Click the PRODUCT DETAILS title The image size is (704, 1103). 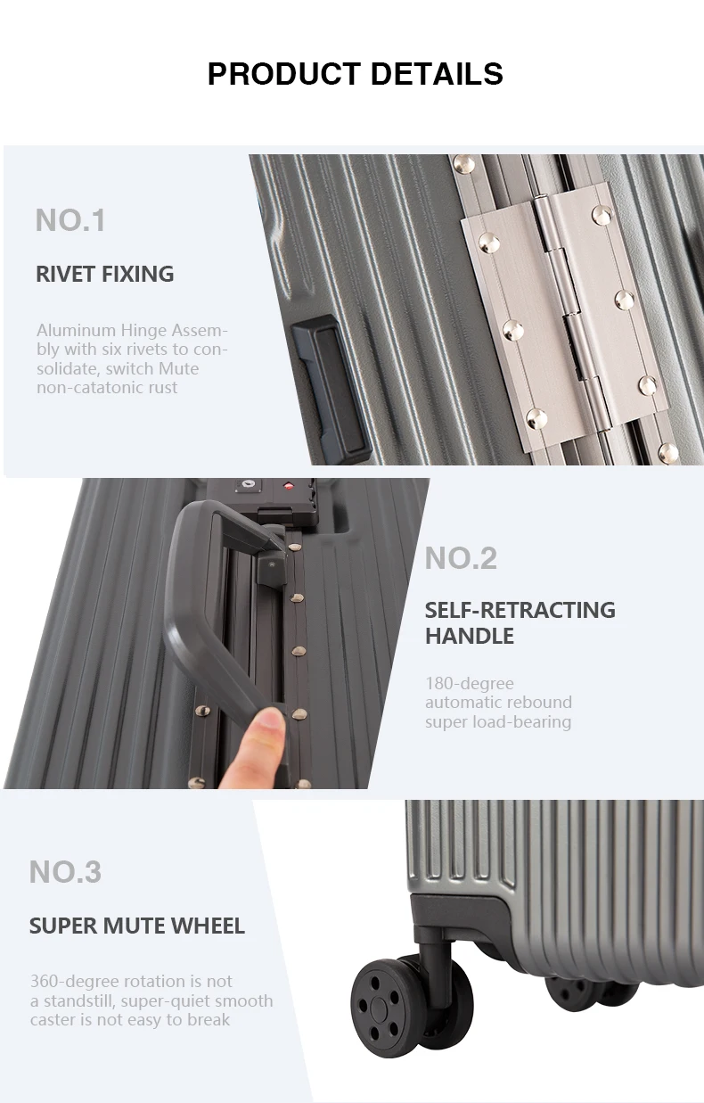click(x=355, y=74)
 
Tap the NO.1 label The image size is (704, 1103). click(x=70, y=220)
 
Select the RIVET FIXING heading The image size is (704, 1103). click(x=104, y=274)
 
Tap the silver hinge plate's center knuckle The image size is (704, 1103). click(x=556, y=312)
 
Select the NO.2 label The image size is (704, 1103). click(x=461, y=558)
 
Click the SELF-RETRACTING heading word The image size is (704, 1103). click(x=520, y=610)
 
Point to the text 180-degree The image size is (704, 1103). click(x=469, y=684)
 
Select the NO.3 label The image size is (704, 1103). click(x=65, y=871)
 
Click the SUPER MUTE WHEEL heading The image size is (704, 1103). click(x=136, y=926)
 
